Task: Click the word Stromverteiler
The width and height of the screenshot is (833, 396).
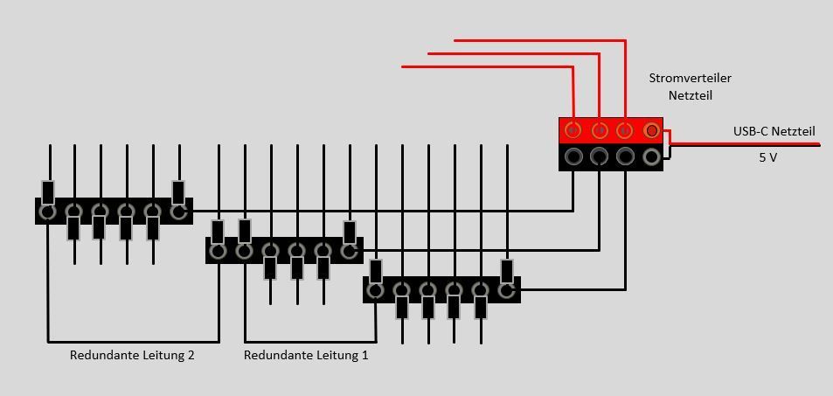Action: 690,78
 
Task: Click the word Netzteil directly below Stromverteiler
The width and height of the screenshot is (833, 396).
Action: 690,94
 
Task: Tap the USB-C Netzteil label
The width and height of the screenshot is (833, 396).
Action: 774,131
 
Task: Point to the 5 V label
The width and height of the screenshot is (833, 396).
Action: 767,157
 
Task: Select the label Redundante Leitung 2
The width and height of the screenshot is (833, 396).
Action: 132,355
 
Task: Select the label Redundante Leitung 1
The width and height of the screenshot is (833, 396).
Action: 306,355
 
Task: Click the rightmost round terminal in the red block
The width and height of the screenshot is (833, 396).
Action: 651,131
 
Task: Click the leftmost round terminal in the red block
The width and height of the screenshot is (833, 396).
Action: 573,131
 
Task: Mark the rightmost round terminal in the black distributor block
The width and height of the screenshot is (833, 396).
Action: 651,157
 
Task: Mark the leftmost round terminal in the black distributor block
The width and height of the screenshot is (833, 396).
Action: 573,157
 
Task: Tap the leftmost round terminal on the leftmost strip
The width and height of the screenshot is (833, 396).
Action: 48,212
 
